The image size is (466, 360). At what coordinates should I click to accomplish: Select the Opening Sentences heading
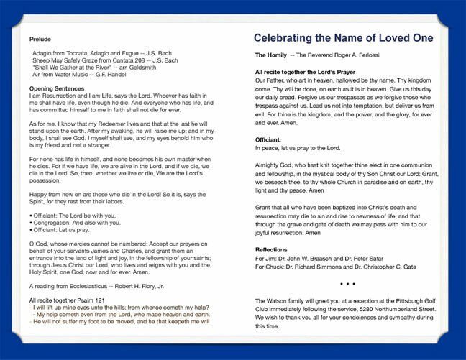(x=56, y=88)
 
